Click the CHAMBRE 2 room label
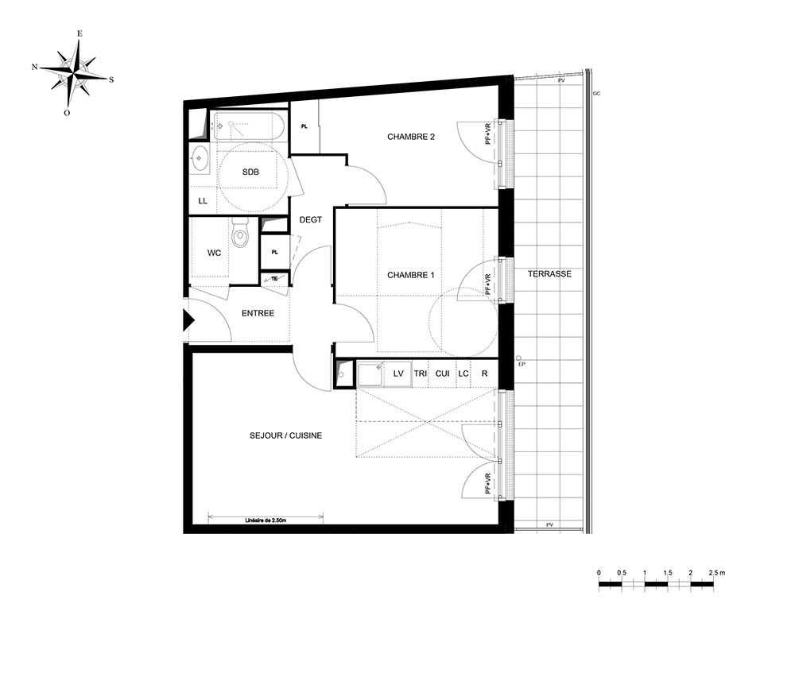(x=411, y=137)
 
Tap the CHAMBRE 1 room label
(x=411, y=275)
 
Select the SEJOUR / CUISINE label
(x=285, y=435)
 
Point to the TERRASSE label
(x=549, y=273)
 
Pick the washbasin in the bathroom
(x=200, y=159)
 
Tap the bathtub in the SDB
(x=248, y=126)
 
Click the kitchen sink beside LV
(x=370, y=374)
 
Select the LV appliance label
(x=398, y=373)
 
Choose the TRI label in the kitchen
(x=421, y=373)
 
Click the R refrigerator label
(x=485, y=373)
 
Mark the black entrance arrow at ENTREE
(x=188, y=320)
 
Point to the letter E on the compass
(x=79, y=33)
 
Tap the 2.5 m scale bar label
(x=717, y=573)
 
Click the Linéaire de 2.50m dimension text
(x=266, y=520)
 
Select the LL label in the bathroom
(x=203, y=201)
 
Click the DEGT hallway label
(x=311, y=220)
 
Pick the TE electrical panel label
(x=274, y=279)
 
